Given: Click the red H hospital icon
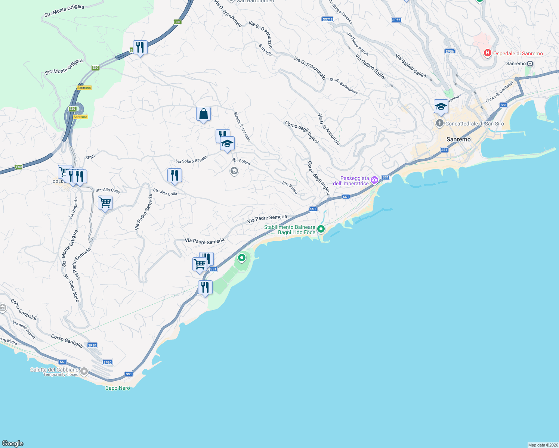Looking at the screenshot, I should [487, 53].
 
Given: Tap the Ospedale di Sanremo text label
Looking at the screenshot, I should [518, 54].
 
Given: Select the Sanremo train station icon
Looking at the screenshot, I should [530, 63].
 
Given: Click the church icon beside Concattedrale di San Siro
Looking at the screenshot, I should [440, 123].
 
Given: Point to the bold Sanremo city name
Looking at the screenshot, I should [458, 139].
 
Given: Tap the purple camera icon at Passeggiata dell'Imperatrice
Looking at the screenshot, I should [374, 181].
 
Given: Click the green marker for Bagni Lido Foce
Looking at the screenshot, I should [321, 229].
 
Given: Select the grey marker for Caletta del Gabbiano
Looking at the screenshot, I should [84, 371].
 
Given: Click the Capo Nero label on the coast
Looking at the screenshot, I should [118, 388].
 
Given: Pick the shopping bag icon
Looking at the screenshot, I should [203, 114].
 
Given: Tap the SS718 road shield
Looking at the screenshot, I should [327, 19].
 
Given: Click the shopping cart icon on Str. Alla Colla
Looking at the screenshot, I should [105, 203].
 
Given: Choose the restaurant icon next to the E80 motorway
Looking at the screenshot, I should [140, 47].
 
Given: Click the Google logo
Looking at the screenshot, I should [13, 444].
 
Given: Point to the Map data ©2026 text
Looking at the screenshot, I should [543, 445].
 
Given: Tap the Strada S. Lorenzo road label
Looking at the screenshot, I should [242, 127].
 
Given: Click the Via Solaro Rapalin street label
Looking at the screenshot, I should [192, 160].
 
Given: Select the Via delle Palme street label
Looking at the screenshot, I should [24, 330].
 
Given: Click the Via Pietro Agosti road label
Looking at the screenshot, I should [358, 44].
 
